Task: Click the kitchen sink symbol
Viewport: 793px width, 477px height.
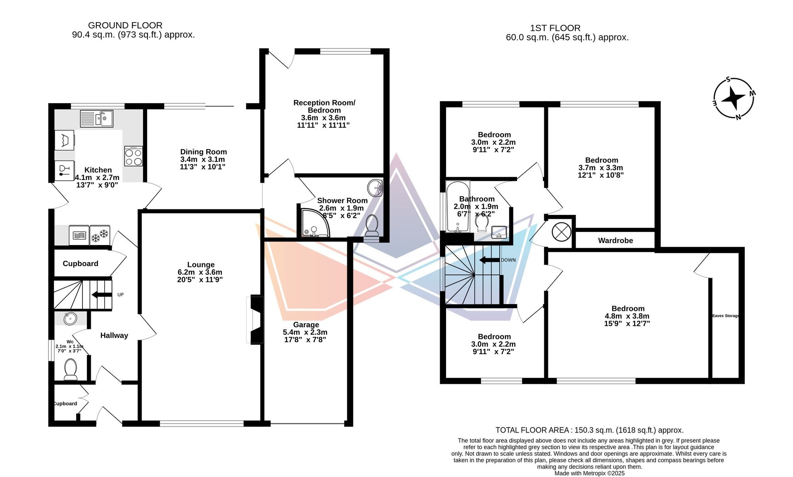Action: [x=97, y=119]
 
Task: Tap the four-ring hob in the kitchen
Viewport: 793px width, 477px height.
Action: [x=133, y=156]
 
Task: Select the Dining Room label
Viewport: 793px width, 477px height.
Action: [x=203, y=152]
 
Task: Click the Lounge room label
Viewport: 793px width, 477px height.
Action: [x=201, y=265]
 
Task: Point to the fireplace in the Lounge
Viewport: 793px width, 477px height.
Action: [x=255, y=320]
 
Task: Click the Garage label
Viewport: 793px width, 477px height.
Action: [x=306, y=325]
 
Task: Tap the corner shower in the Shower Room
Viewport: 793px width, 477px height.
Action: [x=313, y=222]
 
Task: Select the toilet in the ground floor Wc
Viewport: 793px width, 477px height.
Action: [x=71, y=369]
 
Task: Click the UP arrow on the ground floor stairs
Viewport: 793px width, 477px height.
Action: [x=102, y=295]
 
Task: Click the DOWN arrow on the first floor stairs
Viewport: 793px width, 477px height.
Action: [x=489, y=260]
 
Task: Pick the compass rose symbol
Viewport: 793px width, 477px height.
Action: [x=734, y=98]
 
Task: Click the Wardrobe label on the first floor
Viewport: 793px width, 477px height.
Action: [x=615, y=241]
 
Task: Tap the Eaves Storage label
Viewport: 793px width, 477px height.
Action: [x=726, y=316]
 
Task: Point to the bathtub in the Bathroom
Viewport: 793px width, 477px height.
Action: [x=458, y=207]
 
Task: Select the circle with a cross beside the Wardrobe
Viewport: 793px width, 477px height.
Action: [x=561, y=232]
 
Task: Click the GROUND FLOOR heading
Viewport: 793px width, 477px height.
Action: [x=125, y=25]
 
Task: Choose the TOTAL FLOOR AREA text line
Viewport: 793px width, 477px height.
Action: [x=590, y=430]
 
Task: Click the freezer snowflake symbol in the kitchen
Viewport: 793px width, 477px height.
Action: [x=100, y=236]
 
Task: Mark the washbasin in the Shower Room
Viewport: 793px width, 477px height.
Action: [x=375, y=188]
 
